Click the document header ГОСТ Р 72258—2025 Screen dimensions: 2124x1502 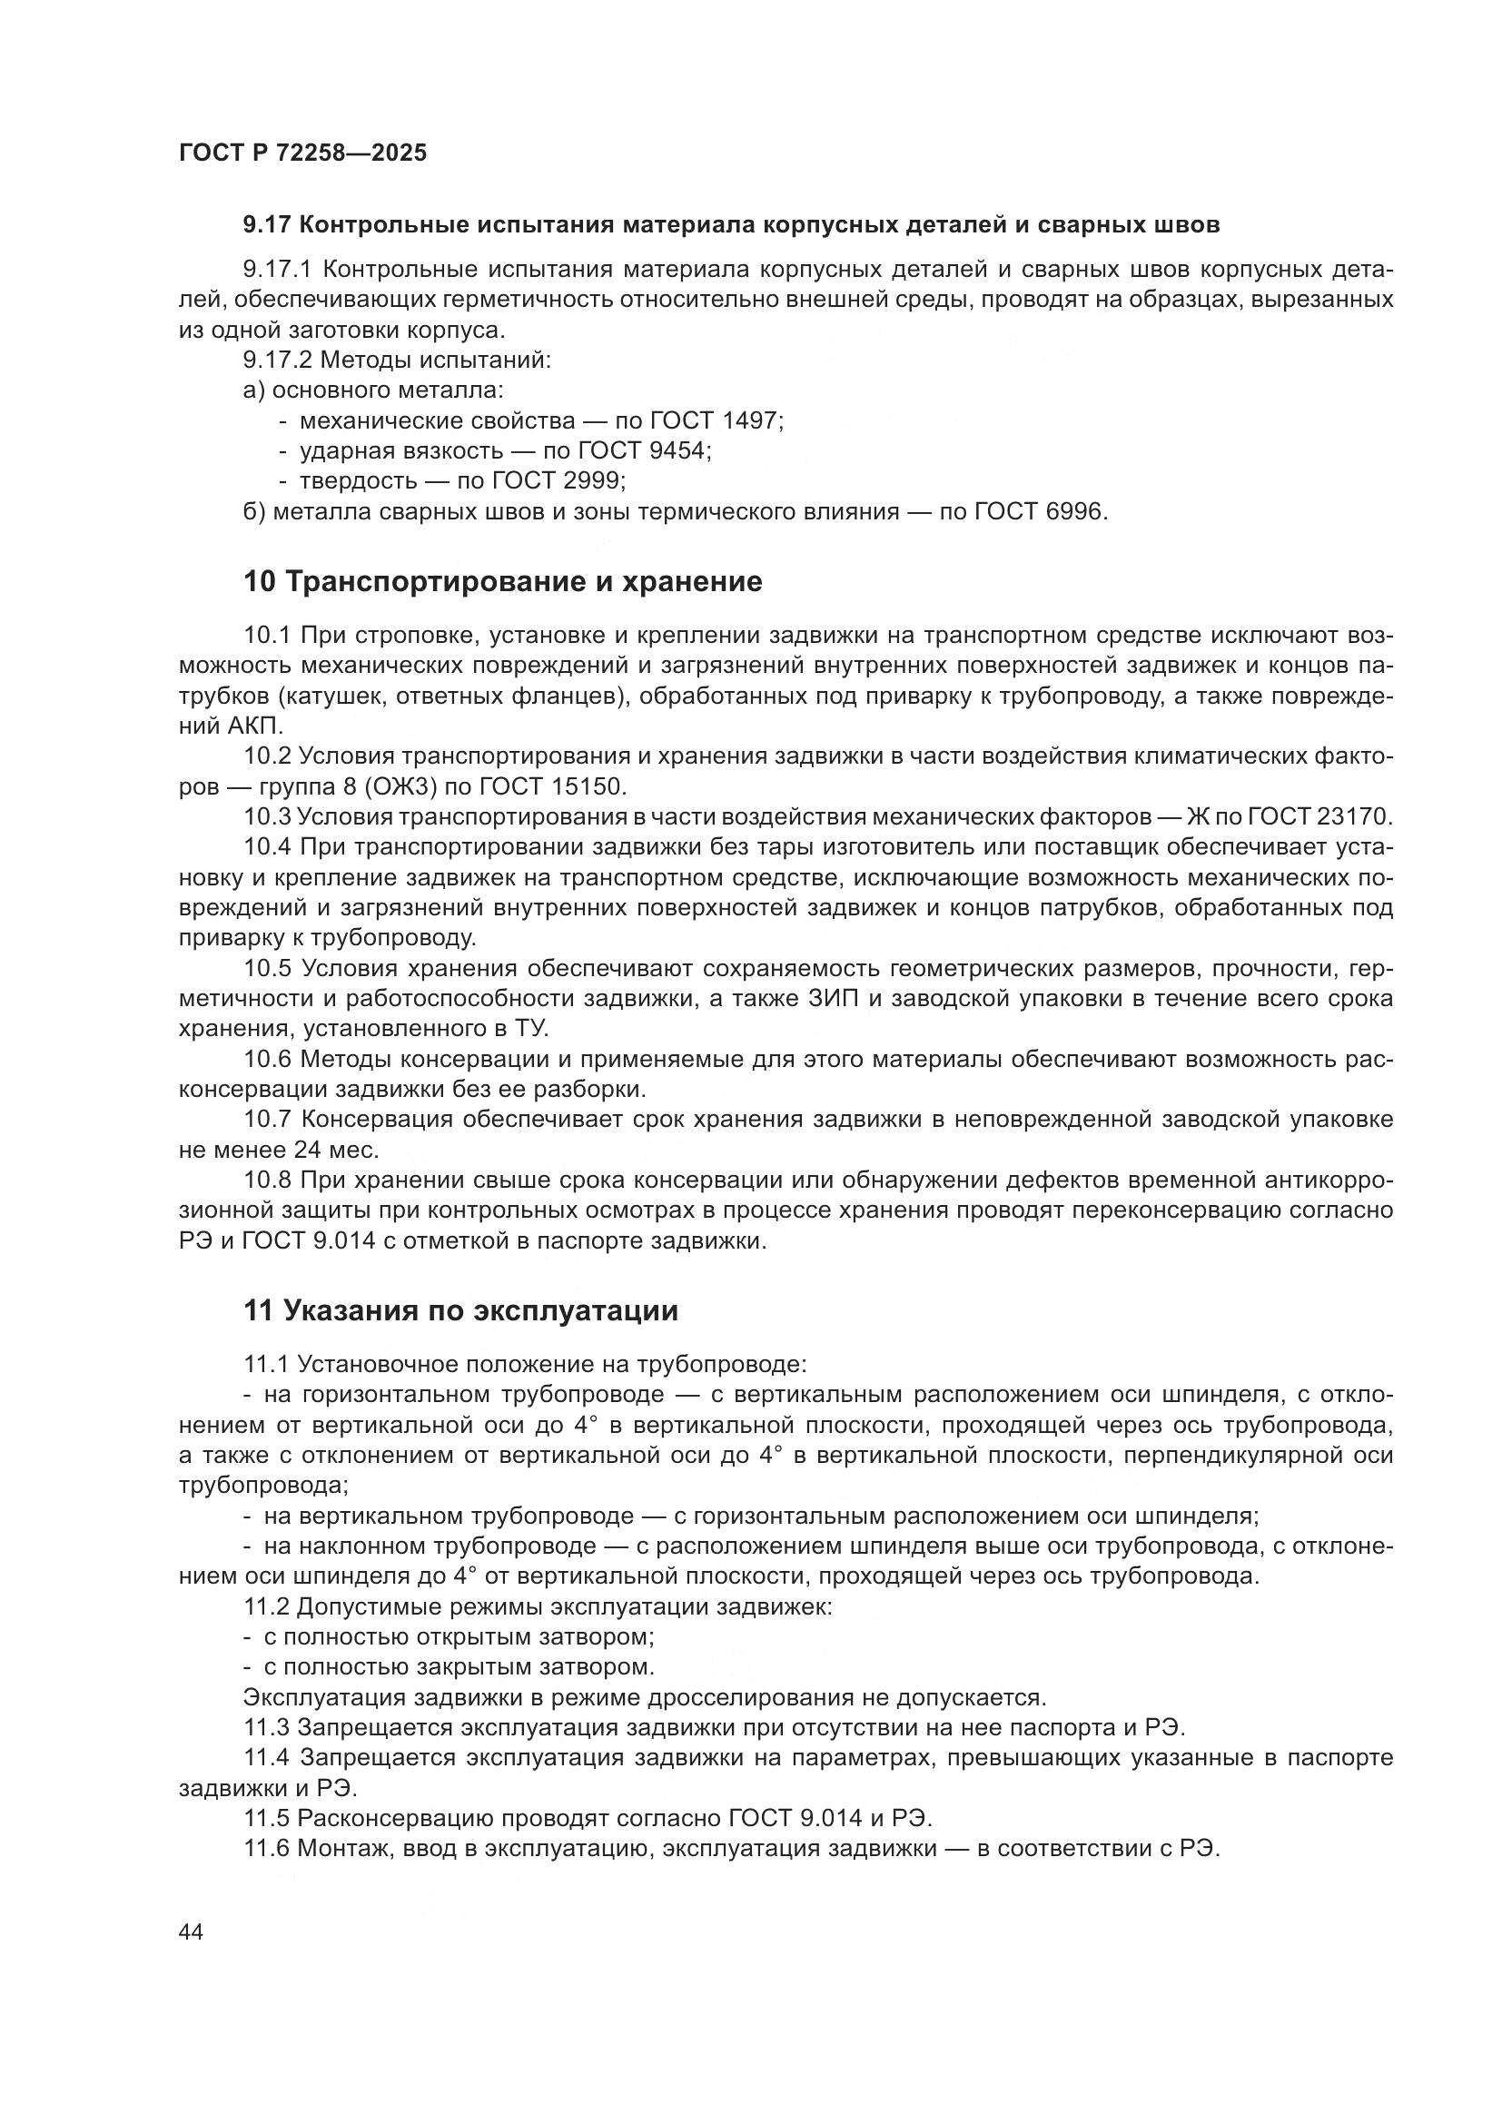tap(302, 153)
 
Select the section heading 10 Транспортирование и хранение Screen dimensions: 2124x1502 tap(502, 582)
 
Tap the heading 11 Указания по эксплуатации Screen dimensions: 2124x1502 tap(460, 1311)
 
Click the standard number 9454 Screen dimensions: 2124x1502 tap(679, 451)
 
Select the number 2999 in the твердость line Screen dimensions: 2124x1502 tap(593, 481)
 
